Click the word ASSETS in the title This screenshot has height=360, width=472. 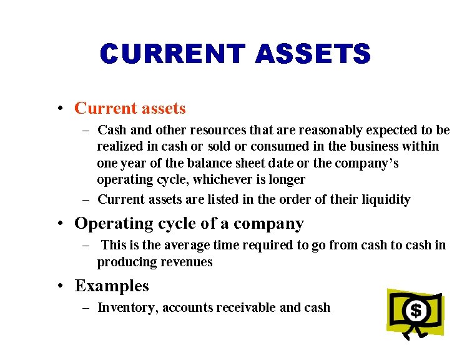point(313,54)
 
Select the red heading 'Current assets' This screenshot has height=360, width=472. point(130,108)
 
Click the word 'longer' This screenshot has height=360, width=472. point(286,180)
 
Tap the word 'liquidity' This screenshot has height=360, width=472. point(385,200)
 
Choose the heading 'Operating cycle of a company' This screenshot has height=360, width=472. point(189,223)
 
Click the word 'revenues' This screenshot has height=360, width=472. point(187,262)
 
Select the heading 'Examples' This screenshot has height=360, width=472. point(112,286)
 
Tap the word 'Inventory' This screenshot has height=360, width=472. point(128,307)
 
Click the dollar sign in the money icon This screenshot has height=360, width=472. point(415,310)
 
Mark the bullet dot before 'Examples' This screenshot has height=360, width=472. point(59,286)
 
